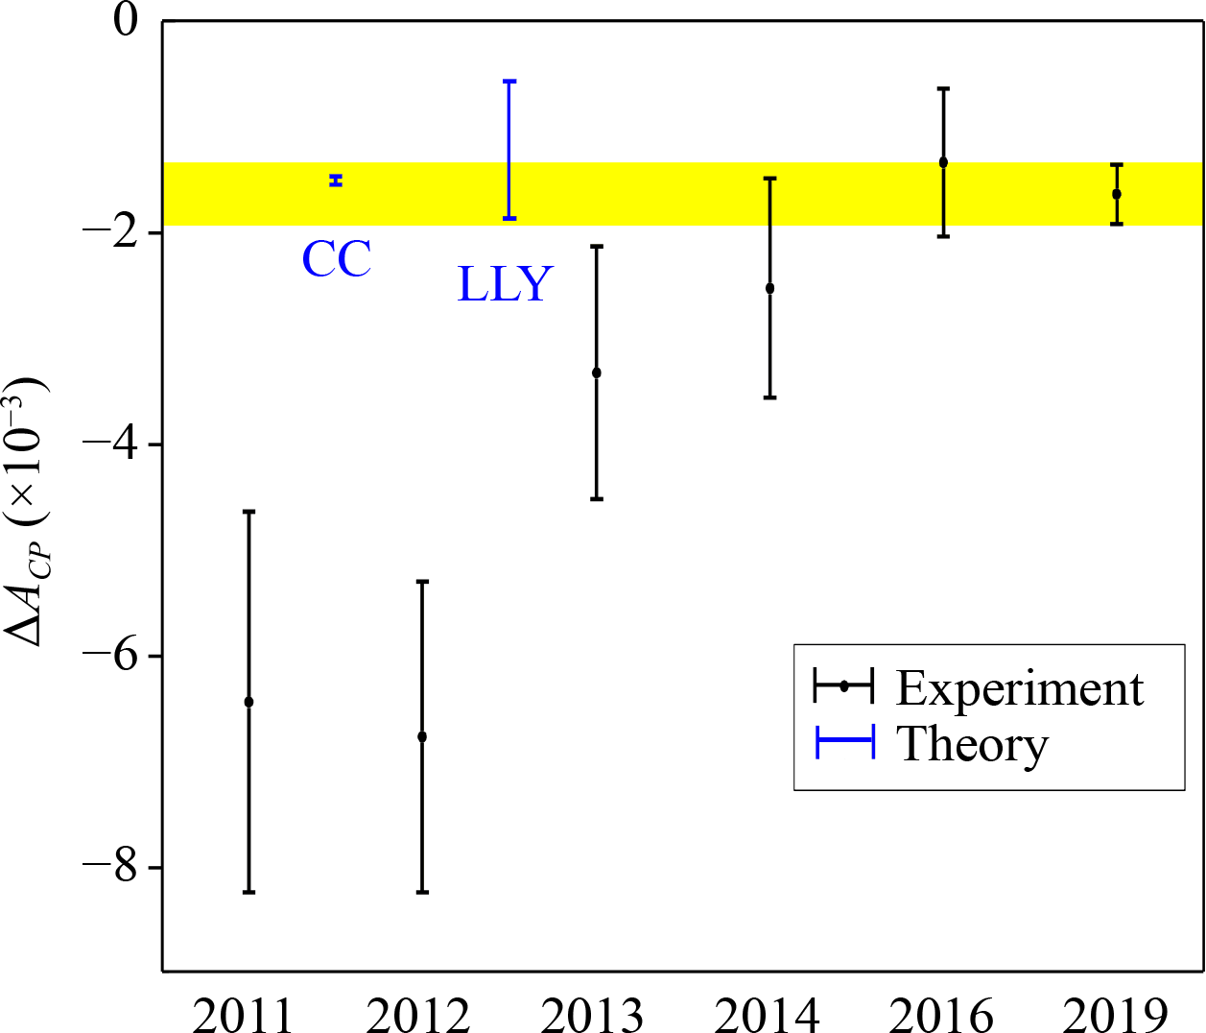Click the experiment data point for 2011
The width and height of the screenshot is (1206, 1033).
tap(248, 702)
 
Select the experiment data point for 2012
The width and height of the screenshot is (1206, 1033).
tap(422, 736)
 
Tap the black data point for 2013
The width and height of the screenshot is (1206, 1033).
tap(597, 372)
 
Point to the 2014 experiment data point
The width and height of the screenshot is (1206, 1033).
tap(769, 288)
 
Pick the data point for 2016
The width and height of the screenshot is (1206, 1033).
tap(943, 162)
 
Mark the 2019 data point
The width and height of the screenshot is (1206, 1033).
tap(1117, 194)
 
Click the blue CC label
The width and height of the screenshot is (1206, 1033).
tap(337, 259)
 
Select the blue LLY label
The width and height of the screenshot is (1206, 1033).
tap(505, 284)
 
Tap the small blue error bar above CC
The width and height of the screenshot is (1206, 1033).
tap(337, 180)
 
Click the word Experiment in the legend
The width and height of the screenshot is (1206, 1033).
tap(1020, 688)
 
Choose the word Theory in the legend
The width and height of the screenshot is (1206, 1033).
tap(972, 744)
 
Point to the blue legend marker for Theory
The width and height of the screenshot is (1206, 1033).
tap(844, 743)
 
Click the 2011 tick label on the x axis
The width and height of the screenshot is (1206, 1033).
tap(244, 1014)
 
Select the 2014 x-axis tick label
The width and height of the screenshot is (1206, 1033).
tap(767, 1014)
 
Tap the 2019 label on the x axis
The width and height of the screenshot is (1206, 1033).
tap(1115, 1014)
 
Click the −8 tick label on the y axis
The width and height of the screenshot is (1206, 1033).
tap(112, 867)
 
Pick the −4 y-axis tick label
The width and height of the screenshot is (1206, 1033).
tap(112, 444)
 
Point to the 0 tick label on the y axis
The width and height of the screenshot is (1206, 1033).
tap(127, 20)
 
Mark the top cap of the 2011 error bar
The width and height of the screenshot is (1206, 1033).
tap(248, 512)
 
